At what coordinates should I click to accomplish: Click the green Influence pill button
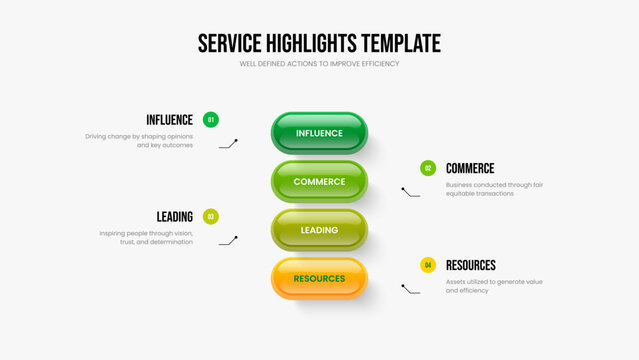pyautogui.click(x=319, y=133)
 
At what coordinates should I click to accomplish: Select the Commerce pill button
pyautogui.click(x=319, y=182)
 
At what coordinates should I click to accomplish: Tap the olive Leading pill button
pyautogui.click(x=319, y=230)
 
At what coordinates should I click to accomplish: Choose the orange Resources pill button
pyautogui.click(x=319, y=278)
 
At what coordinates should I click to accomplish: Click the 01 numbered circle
pyautogui.click(x=210, y=120)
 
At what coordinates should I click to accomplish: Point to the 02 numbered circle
pyautogui.click(x=428, y=168)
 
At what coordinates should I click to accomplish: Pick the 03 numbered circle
pyautogui.click(x=210, y=216)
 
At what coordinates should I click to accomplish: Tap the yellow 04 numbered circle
pyautogui.click(x=428, y=265)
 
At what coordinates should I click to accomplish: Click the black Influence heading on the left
pyautogui.click(x=169, y=120)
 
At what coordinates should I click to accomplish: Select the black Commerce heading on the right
pyautogui.click(x=470, y=168)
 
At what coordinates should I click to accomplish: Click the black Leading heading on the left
pyautogui.click(x=175, y=216)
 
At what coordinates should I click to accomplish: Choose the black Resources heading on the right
pyautogui.click(x=471, y=265)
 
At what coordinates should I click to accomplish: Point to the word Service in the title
pyautogui.click(x=228, y=43)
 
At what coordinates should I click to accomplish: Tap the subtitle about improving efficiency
pyautogui.click(x=319, y=64)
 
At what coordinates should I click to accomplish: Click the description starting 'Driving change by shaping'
pyautogui.click(x=139, y=140)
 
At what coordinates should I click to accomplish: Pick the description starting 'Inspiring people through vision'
pyautogui.click(x=146, y=237)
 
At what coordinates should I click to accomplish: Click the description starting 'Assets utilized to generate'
pyautogui.click(x=494, y=285)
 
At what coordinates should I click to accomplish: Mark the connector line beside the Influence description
pyautogui.click(x=229, y=144)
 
